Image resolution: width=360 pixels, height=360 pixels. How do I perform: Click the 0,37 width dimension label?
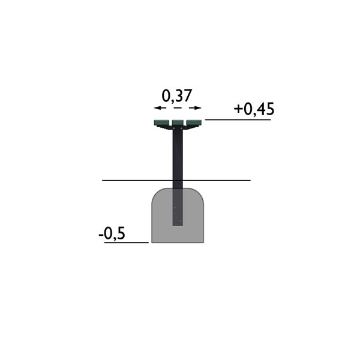[x=176, y=96]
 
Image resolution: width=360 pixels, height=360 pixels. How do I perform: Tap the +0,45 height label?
[x=254, y=109]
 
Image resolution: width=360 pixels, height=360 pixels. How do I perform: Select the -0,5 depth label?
[x=112, y=234]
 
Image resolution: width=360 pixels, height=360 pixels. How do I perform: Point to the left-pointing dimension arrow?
[x=160, y=107]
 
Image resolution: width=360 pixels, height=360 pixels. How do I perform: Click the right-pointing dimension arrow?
[x=196, y=107]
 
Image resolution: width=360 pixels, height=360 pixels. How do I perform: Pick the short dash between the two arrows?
[x=178, y=107]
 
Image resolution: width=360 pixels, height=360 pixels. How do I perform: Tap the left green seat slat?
[x=161, y=122]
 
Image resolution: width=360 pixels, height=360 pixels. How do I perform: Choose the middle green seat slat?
[x=178, y=123]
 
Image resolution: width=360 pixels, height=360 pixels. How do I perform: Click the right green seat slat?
[x=194, y=122]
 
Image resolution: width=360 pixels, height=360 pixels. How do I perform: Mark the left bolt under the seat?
[x=174, y=128]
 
